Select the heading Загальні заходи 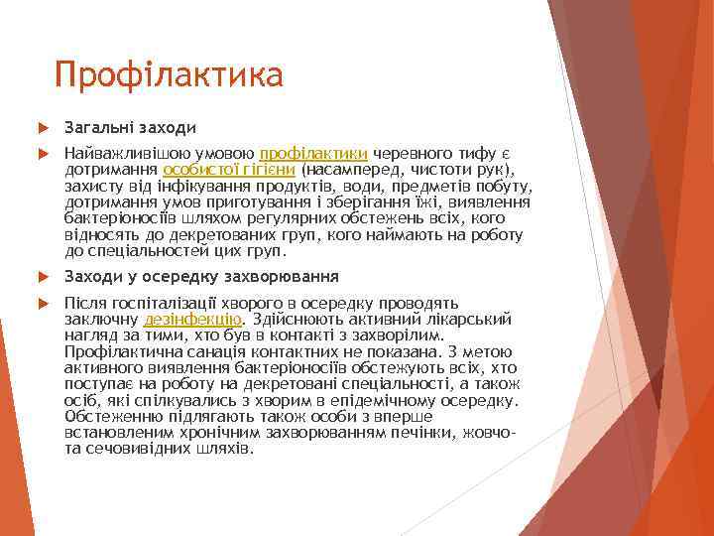(129, 128)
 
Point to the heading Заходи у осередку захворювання (201, 276)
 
